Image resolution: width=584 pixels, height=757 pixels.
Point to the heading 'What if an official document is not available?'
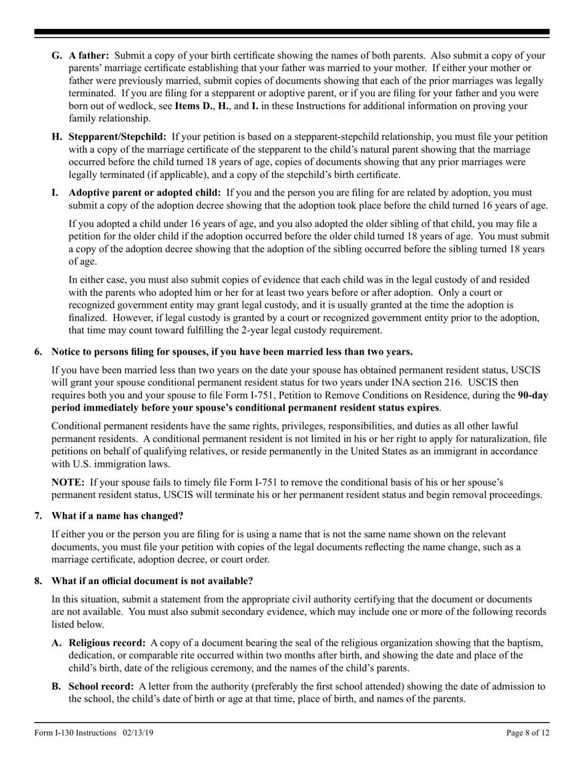pyautogui.click(x=152, y=581)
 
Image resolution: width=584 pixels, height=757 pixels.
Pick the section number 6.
pyautogui.click(x=38, y=351)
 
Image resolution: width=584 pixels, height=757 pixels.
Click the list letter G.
pyautogui.click(x=57, y=55)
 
